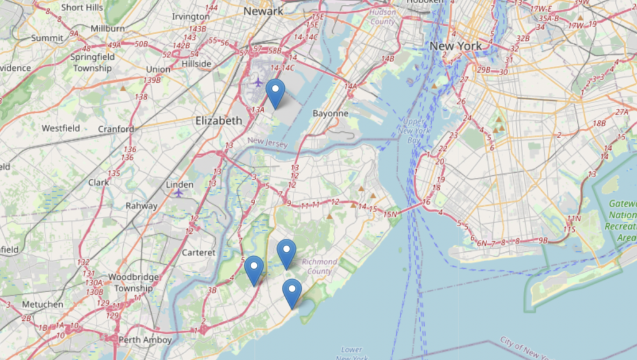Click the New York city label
pos(455,46)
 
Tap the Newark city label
pos(263,11)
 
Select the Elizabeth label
pos(218,120)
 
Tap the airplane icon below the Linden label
pos(179,192)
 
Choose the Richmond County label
pos(320,266)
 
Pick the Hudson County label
pos(382,17)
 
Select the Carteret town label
pos(198,252)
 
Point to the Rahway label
pos(142,206)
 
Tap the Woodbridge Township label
pos(130,282)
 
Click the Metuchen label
pos(42,304)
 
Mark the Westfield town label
pos(60,128)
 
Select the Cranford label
pos(116,129)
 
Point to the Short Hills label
pos(82,7)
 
